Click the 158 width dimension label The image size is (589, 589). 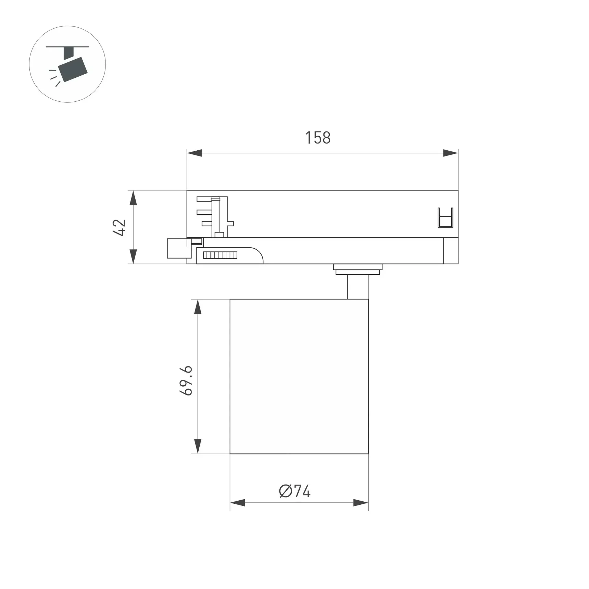click(x=317, y=138)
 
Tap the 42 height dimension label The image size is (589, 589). click(x=119, y=227)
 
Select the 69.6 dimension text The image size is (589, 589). click(x=186, y=380)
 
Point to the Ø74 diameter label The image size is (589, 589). click(x=294, y=491)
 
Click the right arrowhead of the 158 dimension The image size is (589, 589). click(x=450, y=153)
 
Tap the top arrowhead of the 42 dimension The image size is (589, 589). click(x=133, y=198)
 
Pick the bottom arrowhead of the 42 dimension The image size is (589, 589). click(x=133, y=256)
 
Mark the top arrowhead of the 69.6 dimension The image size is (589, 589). click(x=198, y=307)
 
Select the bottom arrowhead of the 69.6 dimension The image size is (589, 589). click(x=198, y=446)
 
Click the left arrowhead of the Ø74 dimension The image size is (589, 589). click(x=238, y=503)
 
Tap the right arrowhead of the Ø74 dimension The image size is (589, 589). click(x=361, y=503)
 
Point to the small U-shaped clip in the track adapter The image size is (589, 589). click(x=445, y=218)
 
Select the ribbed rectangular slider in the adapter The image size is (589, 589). click(x=220, y=255)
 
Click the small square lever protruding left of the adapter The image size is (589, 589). click(x=179, y=248)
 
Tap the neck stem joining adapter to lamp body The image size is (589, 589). click(x=358, y=287)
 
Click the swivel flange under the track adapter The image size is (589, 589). click(x=358, y=269)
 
